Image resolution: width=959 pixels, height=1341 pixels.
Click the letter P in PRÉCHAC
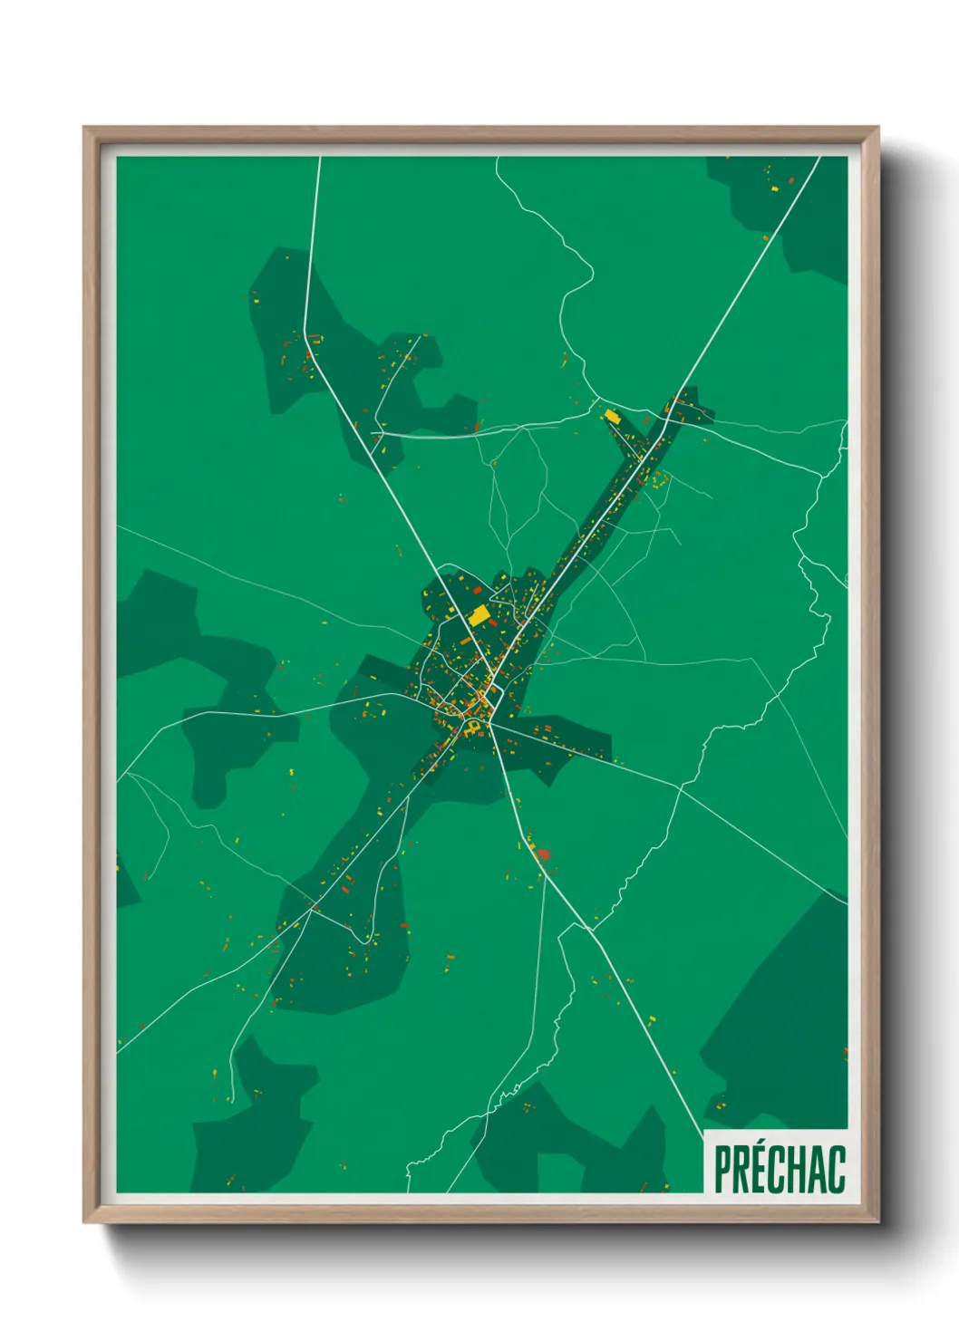tap(722, 1169)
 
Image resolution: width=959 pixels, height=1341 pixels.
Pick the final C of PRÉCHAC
tap(838, 1169)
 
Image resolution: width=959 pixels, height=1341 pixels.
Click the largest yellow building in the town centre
tap(479, 617)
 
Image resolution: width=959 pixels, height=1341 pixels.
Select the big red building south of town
tap(544, 854)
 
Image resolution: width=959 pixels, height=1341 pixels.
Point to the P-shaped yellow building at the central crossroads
tap(471, 727)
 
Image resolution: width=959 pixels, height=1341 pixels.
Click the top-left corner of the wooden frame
tap(85, 129)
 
